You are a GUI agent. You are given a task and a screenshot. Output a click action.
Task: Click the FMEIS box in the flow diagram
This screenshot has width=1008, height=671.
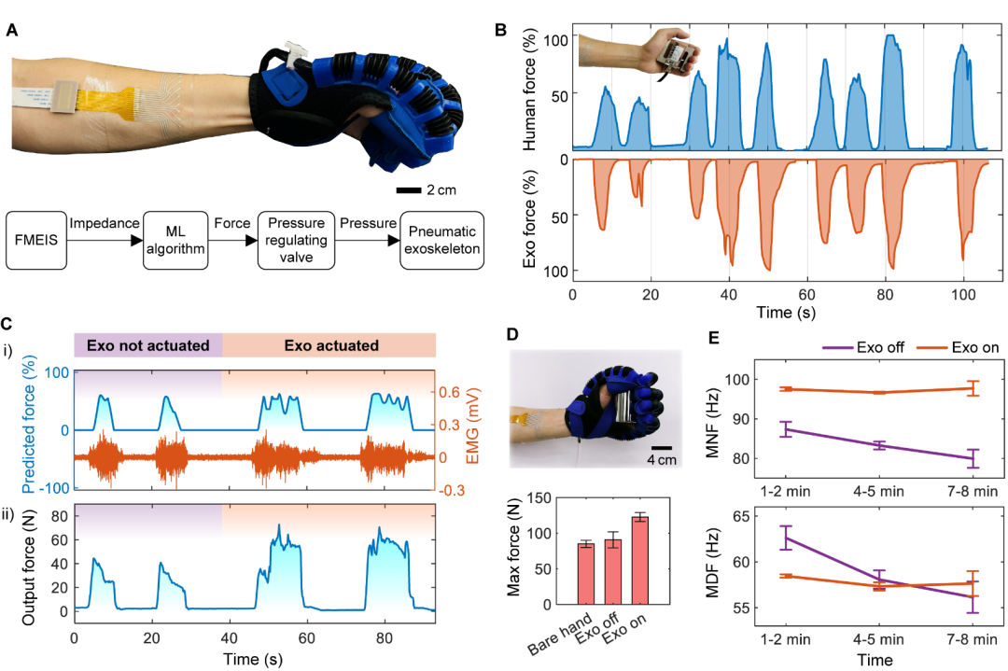(x=36, y=241)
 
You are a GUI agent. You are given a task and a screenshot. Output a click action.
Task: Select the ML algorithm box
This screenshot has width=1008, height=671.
(x=175, y=241)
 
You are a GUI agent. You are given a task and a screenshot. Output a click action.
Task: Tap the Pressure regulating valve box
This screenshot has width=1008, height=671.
(x=297, y=241)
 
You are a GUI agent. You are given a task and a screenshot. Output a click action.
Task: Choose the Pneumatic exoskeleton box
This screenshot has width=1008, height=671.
(x=441, y=241)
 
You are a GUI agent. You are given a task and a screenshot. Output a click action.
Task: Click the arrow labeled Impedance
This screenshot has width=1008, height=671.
(x=105, y=241)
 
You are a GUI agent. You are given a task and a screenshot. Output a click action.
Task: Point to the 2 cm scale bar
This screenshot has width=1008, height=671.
(x=409, y=190)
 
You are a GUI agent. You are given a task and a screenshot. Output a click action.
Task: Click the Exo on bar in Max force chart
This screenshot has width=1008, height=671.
(x=639, y=560)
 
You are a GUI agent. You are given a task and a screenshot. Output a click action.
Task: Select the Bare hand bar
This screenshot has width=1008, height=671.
(x=585, y=573)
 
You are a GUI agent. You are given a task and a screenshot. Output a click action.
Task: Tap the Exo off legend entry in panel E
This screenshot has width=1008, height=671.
(x=863, y=348)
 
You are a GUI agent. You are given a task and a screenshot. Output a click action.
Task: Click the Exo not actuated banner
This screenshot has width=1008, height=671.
(x=148, y=345)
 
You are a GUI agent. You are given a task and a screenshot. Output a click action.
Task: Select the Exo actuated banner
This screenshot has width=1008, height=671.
(x=329, y=345)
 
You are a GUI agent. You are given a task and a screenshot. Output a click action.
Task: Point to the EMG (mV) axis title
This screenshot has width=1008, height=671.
(x=472, y=426)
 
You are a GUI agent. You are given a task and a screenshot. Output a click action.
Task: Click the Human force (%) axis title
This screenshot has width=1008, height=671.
(x=529, y=90)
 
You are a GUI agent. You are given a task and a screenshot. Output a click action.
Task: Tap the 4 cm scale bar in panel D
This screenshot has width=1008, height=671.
(x=662, y=448)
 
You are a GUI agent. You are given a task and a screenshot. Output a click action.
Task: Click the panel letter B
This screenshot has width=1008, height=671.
(x=500, y=30)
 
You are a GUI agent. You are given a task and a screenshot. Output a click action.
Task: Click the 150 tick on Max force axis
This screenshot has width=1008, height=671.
(x=539, y=498)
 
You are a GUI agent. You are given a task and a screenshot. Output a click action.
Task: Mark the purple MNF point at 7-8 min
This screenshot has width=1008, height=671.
(x=973, y=458)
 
